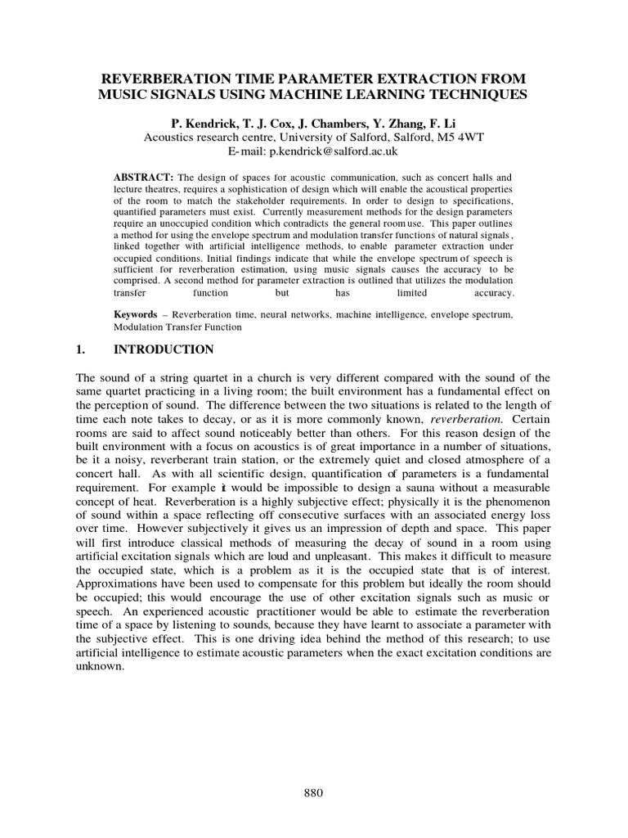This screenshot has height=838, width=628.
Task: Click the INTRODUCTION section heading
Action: point(163,349)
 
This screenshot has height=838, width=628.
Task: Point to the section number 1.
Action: point(80,349)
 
